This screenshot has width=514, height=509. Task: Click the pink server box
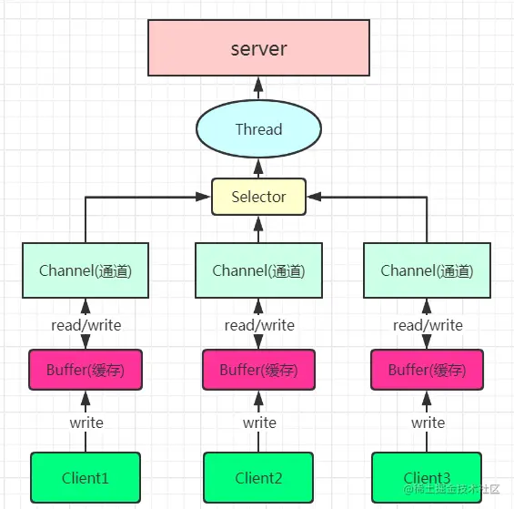coord(258,48)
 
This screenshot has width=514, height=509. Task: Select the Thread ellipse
coord(258,129)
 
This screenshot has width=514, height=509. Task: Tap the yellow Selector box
coord(258,197)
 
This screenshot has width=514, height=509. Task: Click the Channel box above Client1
coord(86,270)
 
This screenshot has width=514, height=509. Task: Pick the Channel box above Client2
coord(258,270)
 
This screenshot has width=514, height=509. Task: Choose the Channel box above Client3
coord(427,270)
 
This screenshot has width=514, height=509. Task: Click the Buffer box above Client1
coord(86,370)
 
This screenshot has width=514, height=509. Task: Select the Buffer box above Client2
coord(258,370)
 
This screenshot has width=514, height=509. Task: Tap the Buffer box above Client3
coord(427,370)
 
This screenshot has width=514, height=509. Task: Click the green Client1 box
coord(86,477)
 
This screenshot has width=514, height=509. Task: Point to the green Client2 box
coord(258,477)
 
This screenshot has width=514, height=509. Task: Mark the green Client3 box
coord(427,477)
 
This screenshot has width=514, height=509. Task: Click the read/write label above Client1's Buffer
coord(86,325)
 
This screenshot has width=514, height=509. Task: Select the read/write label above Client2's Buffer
coord(258,325)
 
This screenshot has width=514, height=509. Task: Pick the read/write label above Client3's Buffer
coord(427,325)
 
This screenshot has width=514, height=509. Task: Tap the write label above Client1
coord(86,422)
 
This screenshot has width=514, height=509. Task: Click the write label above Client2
coord(258,422)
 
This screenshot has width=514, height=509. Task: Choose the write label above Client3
coord(427,422)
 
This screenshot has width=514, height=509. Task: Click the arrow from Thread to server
coord(258,89)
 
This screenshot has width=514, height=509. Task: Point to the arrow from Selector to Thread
coord(258,168)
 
